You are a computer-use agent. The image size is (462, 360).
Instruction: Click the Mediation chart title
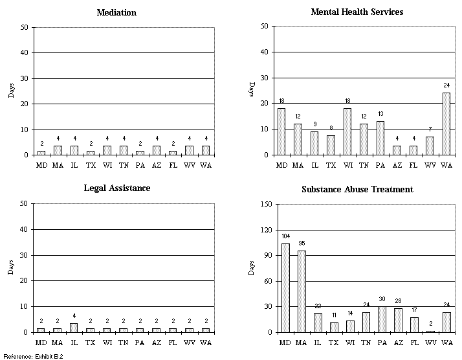[116, 12]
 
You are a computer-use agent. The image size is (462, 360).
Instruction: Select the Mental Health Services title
[357, 12]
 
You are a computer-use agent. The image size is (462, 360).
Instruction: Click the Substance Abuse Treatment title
[357, 189]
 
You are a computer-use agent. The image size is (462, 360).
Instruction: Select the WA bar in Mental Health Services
[446, 124]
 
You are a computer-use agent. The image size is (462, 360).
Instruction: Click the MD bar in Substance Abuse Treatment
[285, 287]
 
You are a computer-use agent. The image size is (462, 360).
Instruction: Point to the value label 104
[285, 237]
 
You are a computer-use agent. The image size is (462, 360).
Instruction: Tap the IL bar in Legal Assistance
[74, 328]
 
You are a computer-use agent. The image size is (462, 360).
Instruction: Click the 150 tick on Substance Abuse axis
[265, 204]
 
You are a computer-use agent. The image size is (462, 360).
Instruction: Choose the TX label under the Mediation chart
[91, 164]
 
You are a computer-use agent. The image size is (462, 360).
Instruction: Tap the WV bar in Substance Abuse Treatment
[430, 331]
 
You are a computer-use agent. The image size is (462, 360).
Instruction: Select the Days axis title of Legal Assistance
[11, 268]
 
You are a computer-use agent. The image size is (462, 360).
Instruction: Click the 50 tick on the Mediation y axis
[24, 27]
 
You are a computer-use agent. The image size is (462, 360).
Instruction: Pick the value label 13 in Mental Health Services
[380, 115]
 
